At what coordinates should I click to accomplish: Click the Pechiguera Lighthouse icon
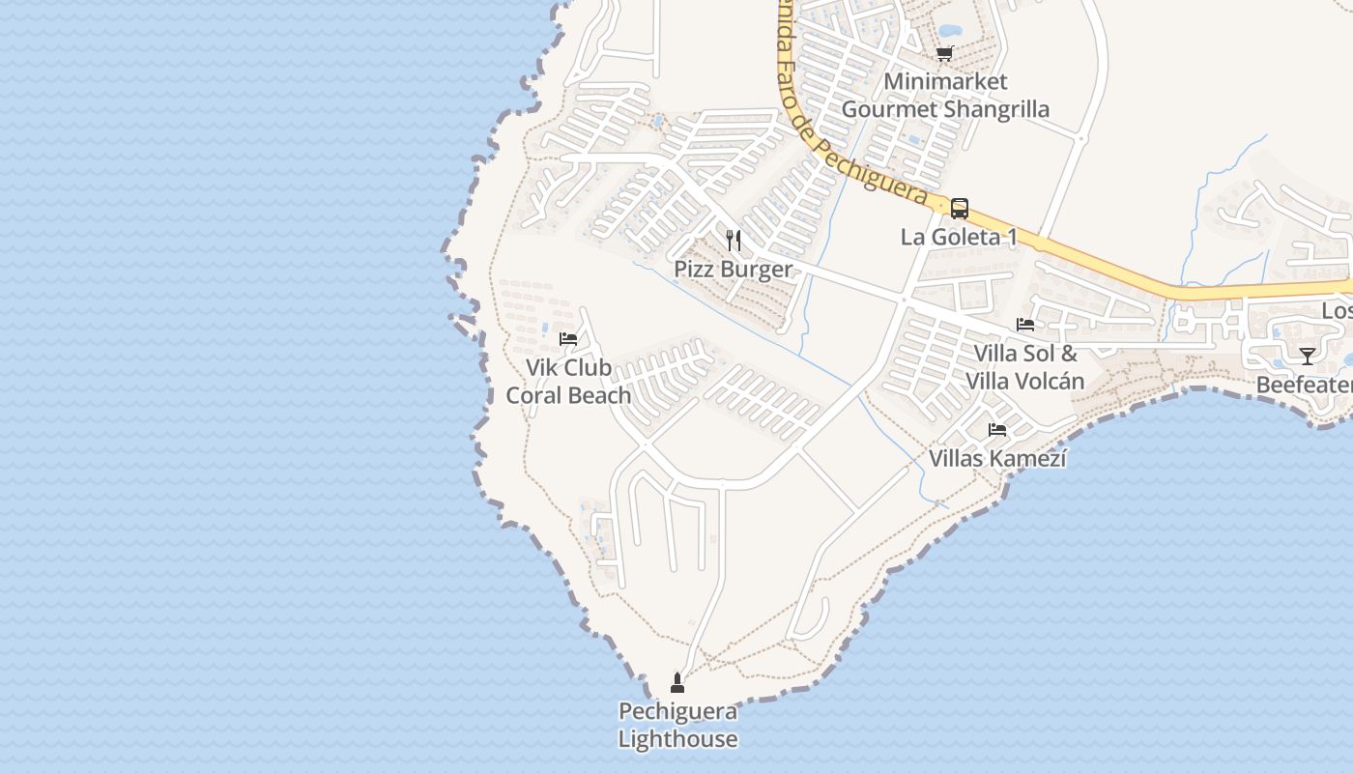[677, 684]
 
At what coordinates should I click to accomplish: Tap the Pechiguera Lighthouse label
[677, 726]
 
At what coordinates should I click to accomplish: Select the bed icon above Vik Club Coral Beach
[568, 339]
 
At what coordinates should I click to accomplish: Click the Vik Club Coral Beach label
[568, 382]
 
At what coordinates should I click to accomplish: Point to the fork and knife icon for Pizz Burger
[734, 240]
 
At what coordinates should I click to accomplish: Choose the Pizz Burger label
[734, 270]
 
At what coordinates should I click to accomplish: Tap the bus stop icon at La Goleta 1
[959, 209]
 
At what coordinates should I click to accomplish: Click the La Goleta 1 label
[959, 238]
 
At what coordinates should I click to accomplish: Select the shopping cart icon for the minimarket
[944, 53]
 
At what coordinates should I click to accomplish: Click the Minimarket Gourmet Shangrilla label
[945, 96]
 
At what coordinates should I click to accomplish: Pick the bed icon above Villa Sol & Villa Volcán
[1025, 325]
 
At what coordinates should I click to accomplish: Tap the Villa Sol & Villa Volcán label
[1025, 367]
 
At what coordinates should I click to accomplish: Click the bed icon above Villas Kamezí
[997, 429]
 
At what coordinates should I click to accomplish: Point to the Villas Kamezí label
[997, 458]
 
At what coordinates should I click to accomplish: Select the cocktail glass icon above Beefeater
[1307, 356]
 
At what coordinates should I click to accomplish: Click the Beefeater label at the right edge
[1304, 386]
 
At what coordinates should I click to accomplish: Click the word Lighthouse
[677, 740]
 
